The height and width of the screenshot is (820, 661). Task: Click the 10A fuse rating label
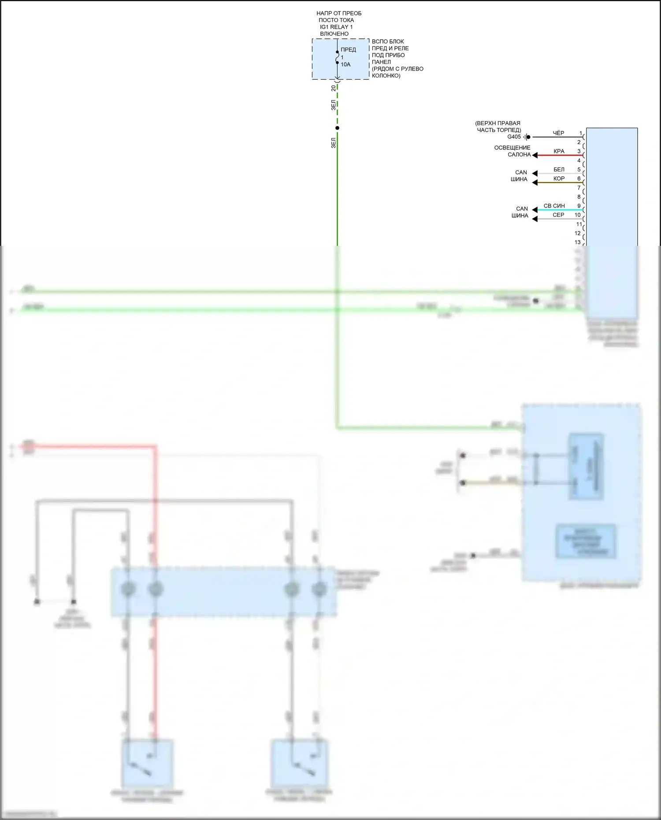(345, 65)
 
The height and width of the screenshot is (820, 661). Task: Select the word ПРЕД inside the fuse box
(348, 50)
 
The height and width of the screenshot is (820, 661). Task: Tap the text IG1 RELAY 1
(336, 27)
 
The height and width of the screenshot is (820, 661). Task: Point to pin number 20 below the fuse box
(334, 88)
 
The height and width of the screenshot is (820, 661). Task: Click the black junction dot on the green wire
(338, 128)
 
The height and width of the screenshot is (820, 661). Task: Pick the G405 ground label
(514, 137)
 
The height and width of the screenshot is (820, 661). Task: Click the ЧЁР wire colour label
(558, 133)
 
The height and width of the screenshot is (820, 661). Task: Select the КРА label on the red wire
(559, 151)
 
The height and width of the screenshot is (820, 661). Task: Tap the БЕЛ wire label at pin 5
(559, 170)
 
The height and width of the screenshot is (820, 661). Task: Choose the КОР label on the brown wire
(559, 179)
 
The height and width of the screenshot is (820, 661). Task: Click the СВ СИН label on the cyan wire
(554, 206)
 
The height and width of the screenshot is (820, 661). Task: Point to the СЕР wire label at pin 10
(558, 215)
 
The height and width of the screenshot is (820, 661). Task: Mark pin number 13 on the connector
(577, 242)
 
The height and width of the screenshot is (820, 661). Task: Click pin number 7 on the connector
(579, 188)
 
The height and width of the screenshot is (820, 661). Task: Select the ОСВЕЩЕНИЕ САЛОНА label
(512, 151)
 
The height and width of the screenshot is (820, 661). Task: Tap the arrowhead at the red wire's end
(535, 155)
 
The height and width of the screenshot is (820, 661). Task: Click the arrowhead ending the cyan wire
(535, 210)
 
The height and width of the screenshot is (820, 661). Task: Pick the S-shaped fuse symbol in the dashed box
(338, 57)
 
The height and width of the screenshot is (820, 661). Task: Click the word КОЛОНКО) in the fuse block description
(386, 76)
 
